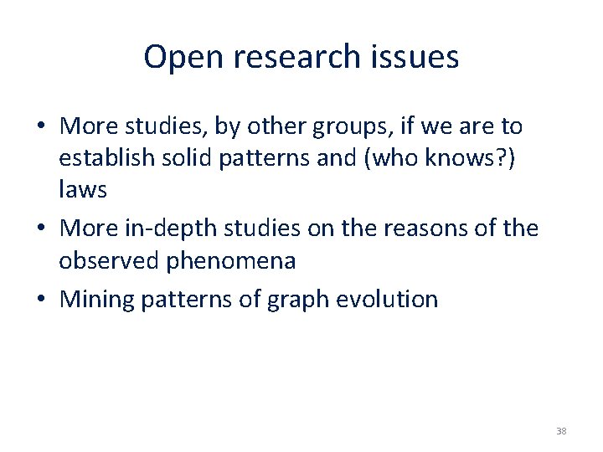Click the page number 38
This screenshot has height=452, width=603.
pos(560,431)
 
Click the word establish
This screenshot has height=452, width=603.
pos(107,158)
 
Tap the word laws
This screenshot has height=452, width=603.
pos(82,190)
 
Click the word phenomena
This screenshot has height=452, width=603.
pos(230,260)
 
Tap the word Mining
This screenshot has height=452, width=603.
pos(98,299)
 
